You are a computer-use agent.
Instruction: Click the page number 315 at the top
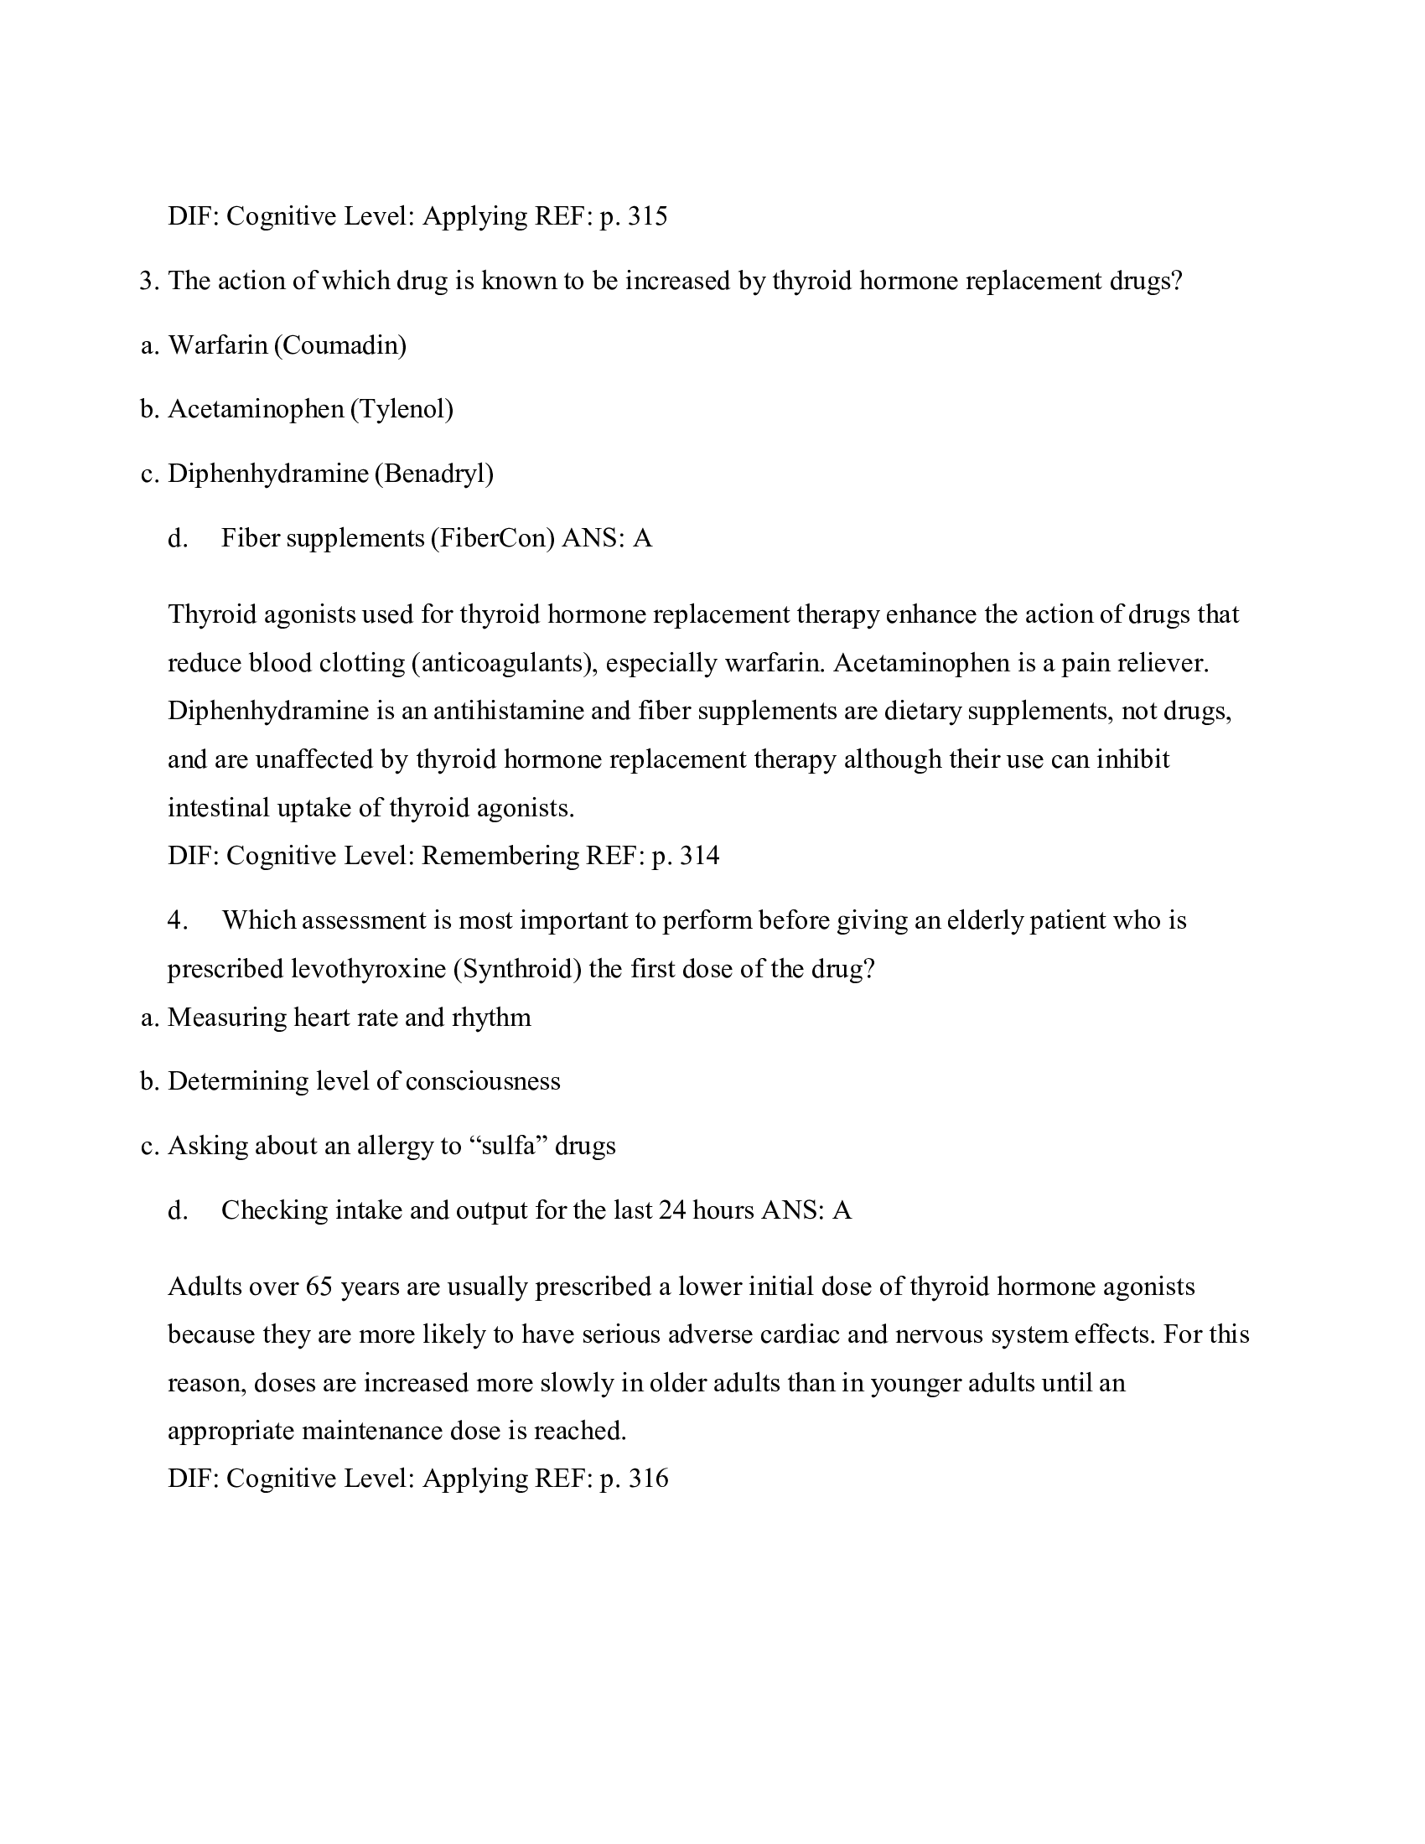647,217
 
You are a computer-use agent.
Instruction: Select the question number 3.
148,281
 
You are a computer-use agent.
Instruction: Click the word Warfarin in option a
218,345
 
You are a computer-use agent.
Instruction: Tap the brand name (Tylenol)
402,410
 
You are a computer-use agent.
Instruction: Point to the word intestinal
218,808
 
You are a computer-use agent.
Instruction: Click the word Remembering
500,856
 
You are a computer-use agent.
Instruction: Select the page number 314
699,856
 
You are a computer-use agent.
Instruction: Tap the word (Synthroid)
517,968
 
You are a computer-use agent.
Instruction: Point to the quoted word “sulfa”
508,1146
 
